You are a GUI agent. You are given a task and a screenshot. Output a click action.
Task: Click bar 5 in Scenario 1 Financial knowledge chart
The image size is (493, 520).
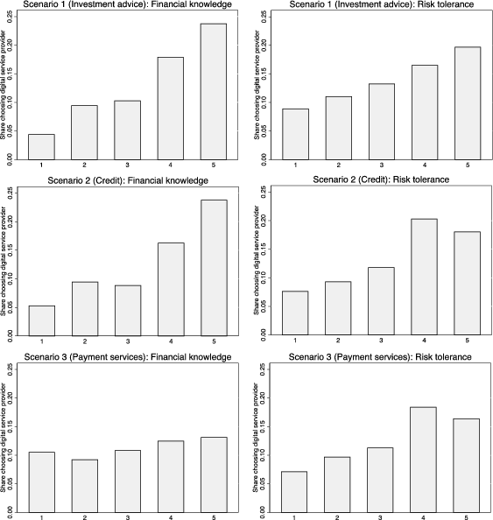click(x=213, y=92)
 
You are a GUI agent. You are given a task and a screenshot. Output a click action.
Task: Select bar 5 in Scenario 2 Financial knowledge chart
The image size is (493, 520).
click(x=213, y=268)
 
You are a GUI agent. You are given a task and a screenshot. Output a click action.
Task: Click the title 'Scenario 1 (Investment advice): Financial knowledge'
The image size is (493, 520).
click(x=123, y=6)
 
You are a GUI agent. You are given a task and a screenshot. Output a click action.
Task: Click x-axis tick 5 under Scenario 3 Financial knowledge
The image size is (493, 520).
click(x=213, y=516)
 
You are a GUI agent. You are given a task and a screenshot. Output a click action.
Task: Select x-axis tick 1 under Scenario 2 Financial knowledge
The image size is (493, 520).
click(x=42, y=341)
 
